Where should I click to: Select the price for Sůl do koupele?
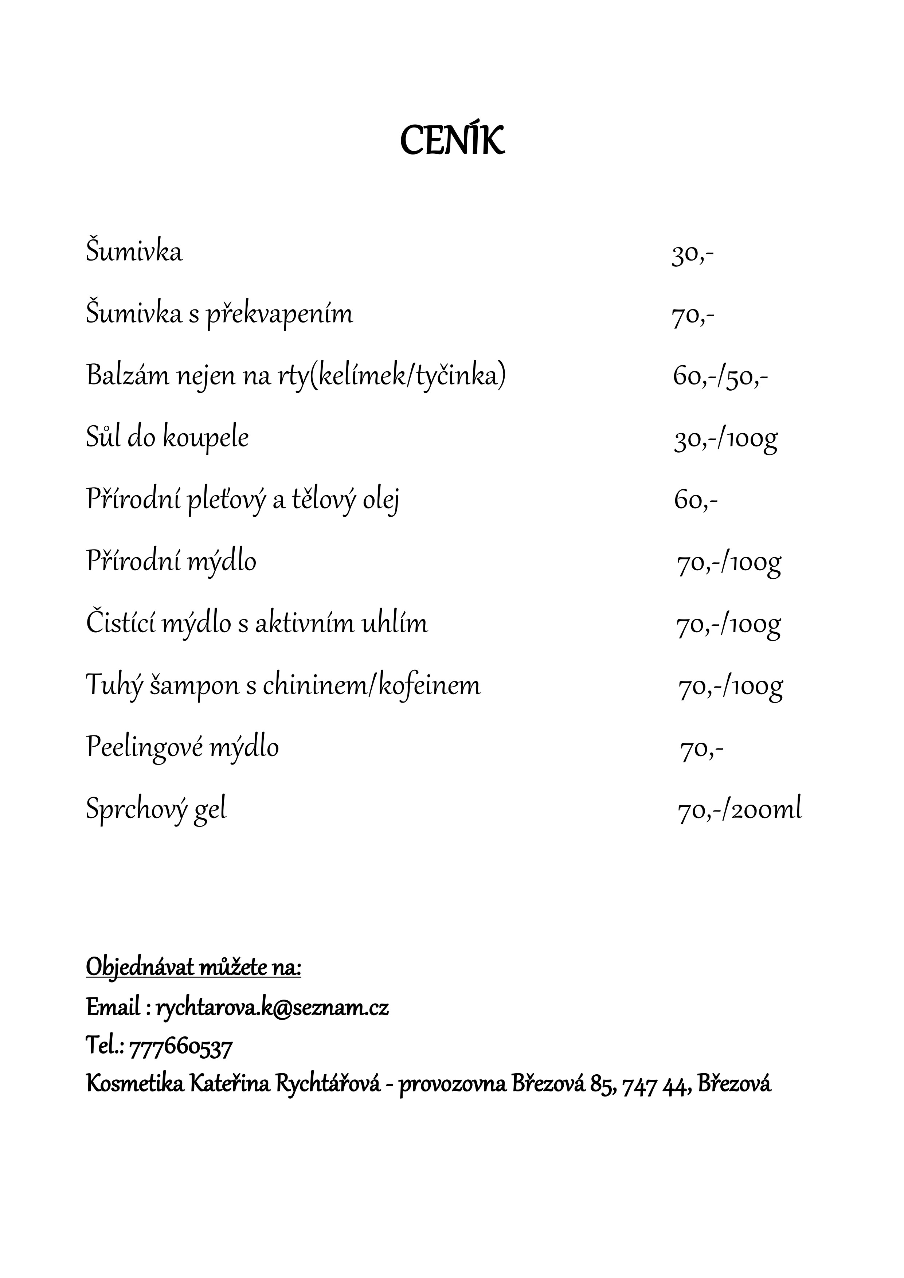click(x=725, y=440)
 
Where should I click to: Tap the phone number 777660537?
click(x=181, y=1048)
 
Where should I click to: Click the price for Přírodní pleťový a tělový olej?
click(x=695, y=501)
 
